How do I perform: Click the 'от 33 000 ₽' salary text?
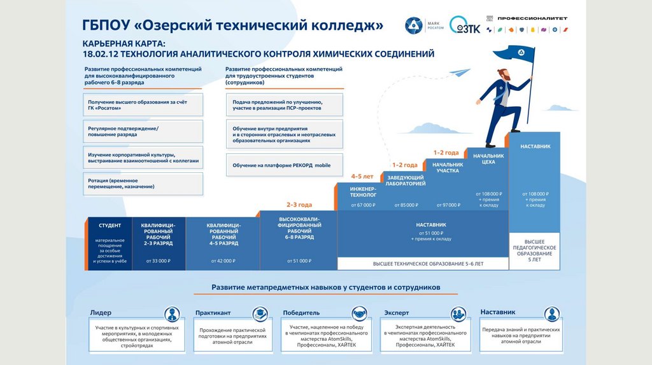(159, 261)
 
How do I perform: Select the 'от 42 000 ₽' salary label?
(223, 261)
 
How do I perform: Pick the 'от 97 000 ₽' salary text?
(447, 205)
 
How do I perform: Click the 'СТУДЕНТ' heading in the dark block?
(110, 226)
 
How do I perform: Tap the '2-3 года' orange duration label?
(299, 205)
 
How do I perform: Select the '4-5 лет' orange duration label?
(363, 177)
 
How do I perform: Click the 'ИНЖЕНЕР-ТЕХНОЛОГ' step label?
(362, 191)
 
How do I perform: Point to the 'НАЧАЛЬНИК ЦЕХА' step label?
(488, 158)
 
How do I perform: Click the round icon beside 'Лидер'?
(172, 314)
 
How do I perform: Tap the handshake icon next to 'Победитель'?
(360, 314)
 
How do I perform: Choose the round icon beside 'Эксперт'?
(458, 314)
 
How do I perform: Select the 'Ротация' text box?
(143, 184)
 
